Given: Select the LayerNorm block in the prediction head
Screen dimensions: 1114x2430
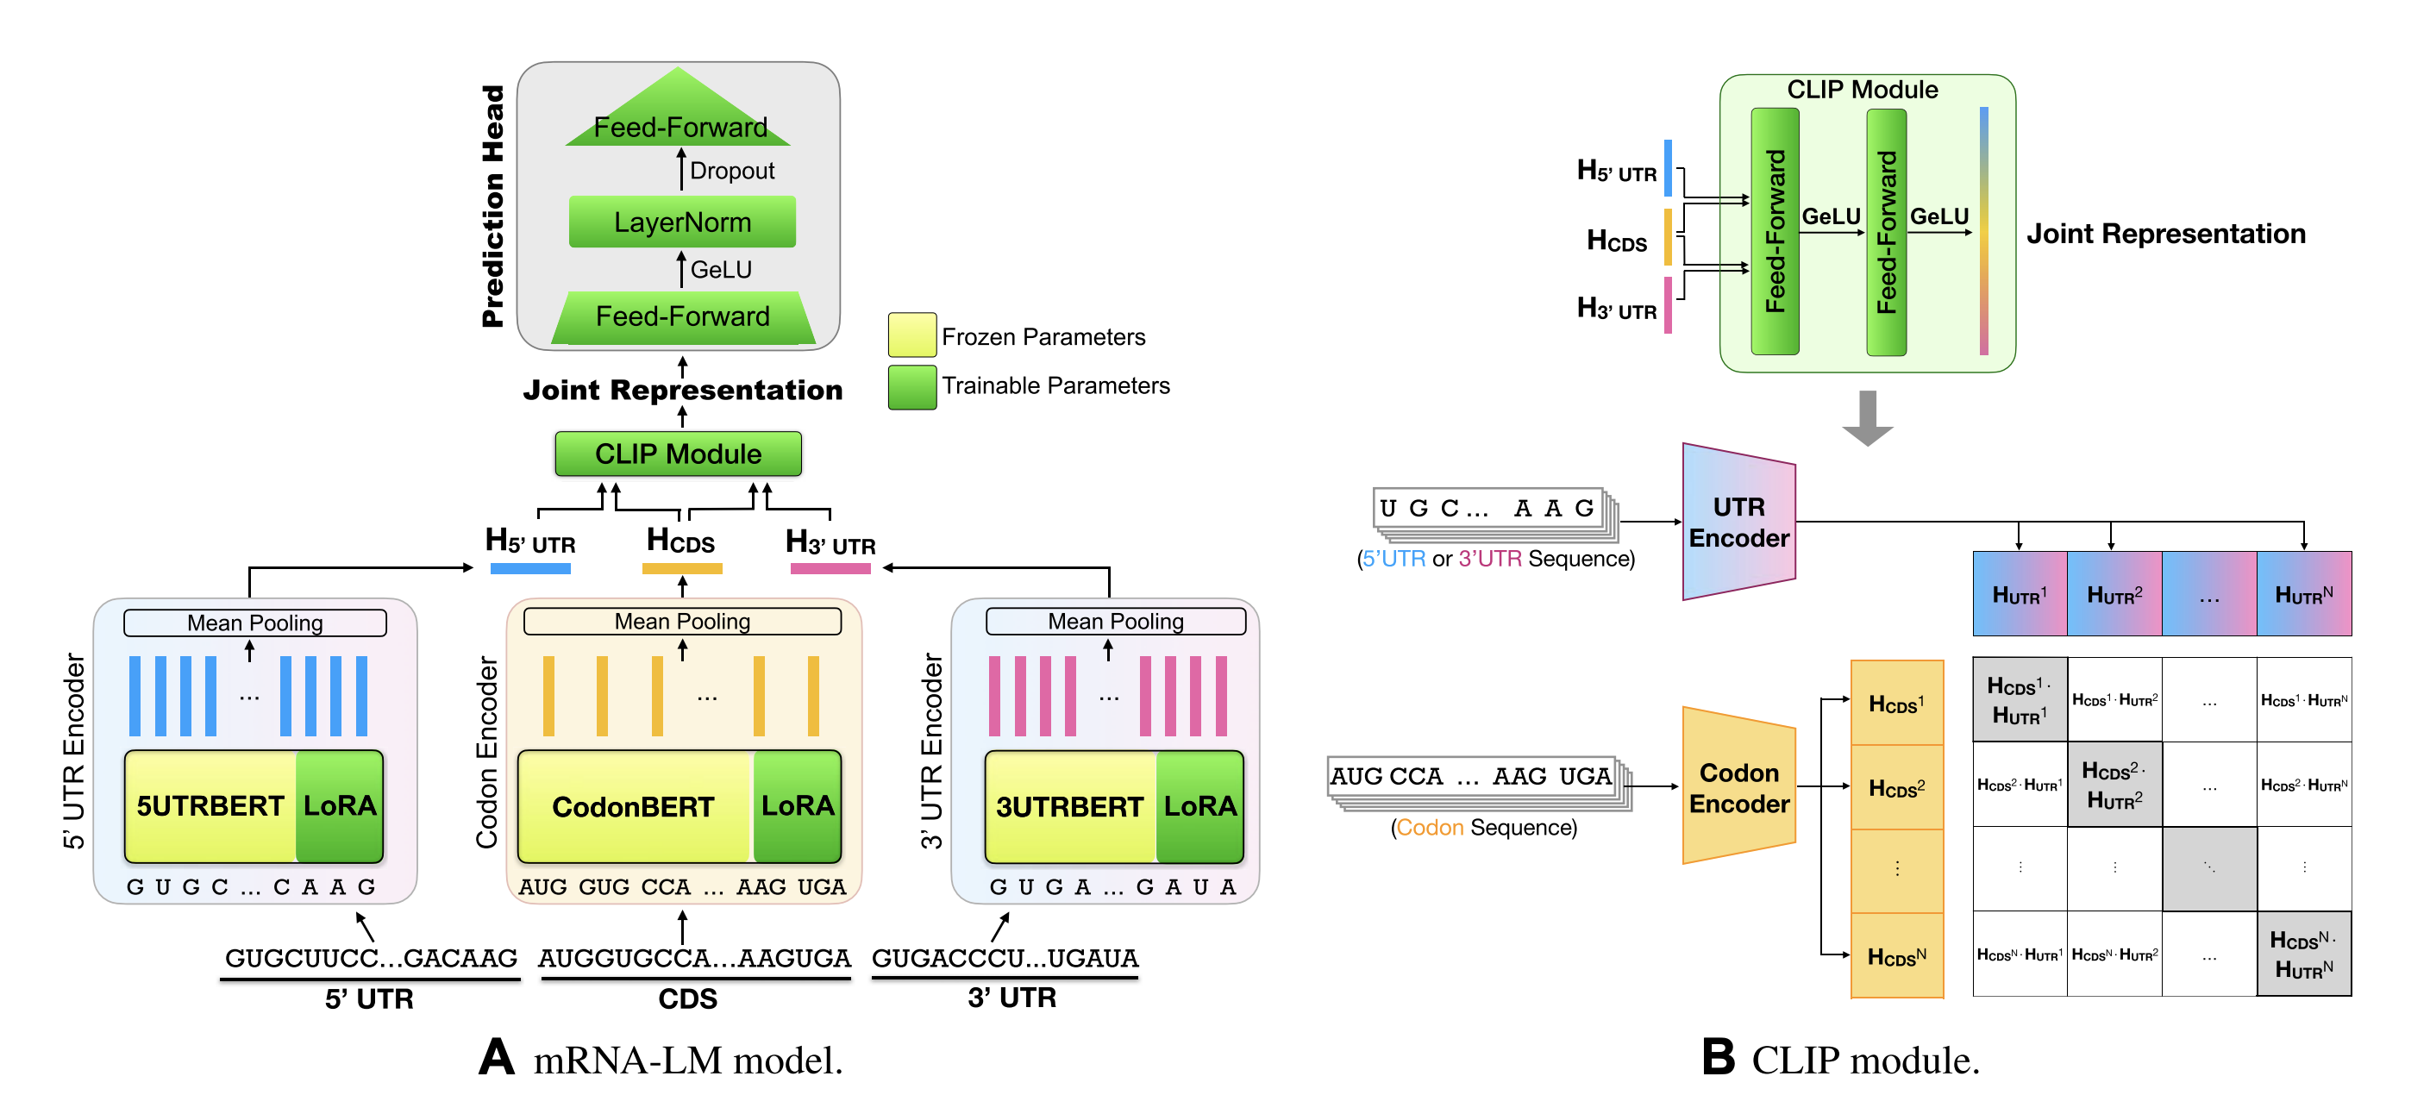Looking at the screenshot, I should [682, 222].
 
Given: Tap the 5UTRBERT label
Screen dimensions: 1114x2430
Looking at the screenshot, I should [210, 805].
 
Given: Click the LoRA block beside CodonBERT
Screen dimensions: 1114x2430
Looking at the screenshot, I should [797, 805].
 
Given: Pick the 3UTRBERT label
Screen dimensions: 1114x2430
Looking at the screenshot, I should [1068, 806].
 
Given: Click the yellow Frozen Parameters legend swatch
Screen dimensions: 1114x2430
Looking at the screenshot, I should [911, 335].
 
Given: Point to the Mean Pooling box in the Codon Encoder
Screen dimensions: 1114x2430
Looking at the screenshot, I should [682, 622].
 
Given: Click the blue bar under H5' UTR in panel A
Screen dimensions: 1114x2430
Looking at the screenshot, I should [530, 569].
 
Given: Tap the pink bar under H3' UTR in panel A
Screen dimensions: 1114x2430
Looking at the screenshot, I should [830, 569].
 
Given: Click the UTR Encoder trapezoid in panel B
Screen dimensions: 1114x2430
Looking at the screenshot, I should [1738, 522].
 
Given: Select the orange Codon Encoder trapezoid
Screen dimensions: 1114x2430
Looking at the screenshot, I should [1738, 786].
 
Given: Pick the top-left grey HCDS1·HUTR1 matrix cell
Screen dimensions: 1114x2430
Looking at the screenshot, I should [2019, 700].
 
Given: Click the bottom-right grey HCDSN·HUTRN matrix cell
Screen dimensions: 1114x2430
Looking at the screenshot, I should [2302, 954].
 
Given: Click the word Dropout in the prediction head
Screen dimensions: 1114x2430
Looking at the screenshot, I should [731, 171].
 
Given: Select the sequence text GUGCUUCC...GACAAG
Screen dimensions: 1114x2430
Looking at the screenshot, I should [371, 957].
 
